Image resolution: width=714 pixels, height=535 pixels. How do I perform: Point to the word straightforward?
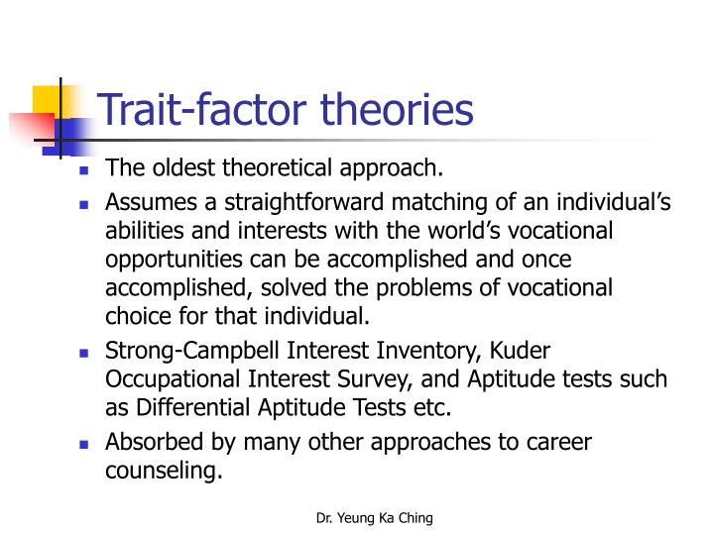coord(313,203)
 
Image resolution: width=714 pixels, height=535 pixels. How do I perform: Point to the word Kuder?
coord(519,352)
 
